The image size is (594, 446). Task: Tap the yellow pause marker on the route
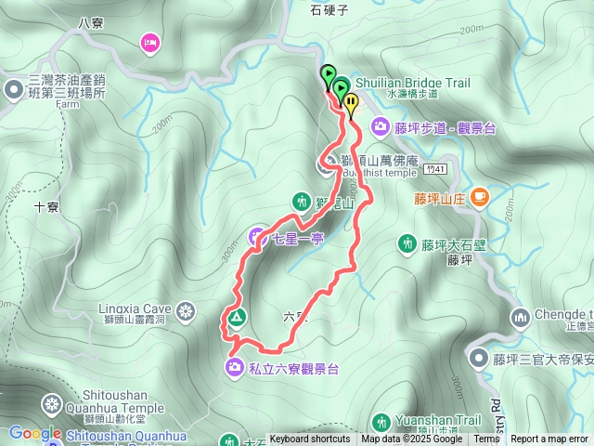click(x=350, y=104)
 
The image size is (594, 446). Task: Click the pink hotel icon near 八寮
click(x=149, y=41)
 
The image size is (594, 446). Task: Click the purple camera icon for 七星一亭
click(x=257, y=236)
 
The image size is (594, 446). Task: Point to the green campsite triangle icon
click(x=237, y=318)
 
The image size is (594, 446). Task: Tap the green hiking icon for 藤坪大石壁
click(x=407, y=243)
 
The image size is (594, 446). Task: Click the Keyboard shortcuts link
click(x=310, y=439)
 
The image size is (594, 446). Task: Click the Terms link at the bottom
click(x=486, y=439)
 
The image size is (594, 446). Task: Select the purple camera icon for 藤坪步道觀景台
click(x=380, y=126)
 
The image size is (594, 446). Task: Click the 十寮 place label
click(x=46, y=208)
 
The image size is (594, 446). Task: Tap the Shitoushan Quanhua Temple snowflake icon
click(x=51, y=404)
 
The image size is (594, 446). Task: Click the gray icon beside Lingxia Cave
click(x=186, y=310)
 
